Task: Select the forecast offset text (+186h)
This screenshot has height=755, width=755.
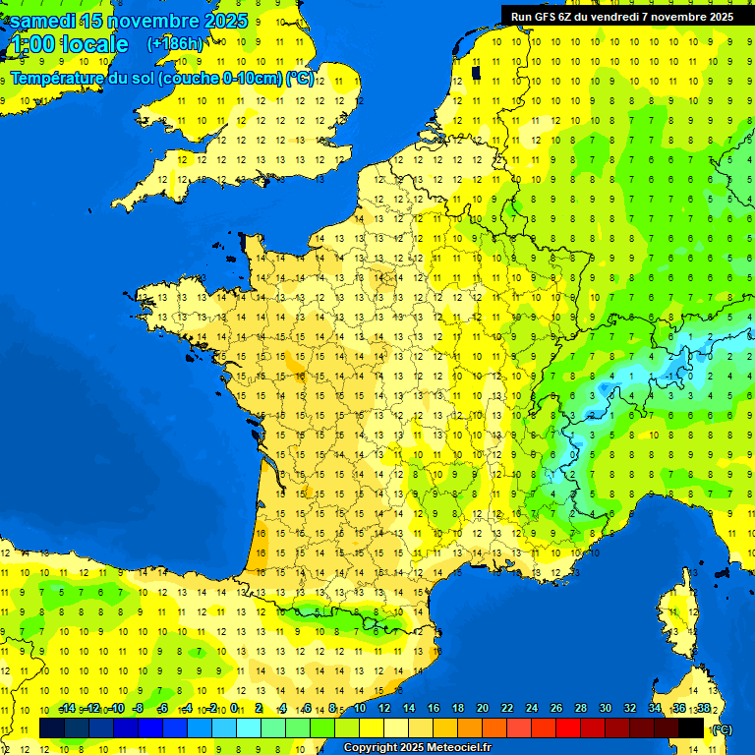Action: pos(175,44)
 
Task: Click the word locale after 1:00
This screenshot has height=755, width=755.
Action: pos(94,44)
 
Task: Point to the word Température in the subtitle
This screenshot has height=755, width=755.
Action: pos(59,79)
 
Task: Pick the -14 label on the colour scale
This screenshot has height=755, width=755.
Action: pos(67,709)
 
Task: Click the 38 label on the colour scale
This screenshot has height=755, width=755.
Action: pos(704,709)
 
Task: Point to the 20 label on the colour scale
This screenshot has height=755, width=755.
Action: pos(482,709)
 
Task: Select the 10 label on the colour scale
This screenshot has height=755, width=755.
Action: pos(359,709)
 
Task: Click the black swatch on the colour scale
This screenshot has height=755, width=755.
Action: pos(691,727)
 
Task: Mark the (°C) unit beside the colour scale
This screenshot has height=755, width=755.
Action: pos(723,729)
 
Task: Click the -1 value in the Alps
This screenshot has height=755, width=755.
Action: pos(672,376)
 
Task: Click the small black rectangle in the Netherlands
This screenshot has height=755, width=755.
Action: pos(477,72)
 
